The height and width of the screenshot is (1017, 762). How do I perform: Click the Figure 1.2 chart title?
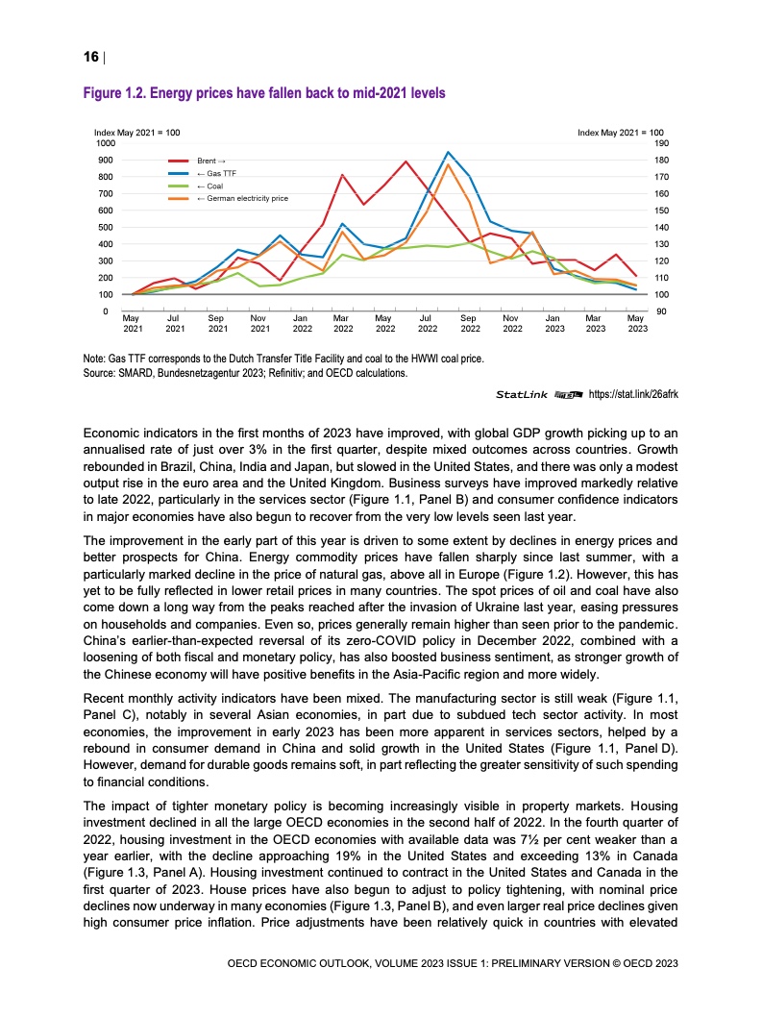click(x=265, y=93)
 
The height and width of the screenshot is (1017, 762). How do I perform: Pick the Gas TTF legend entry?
click(x=215, y=173)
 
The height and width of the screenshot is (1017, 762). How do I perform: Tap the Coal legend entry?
click(x=210, y=186)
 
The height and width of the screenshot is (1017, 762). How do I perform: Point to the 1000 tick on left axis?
click(x=104, y=142)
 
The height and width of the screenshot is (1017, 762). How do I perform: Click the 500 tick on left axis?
click(x=106, y=227)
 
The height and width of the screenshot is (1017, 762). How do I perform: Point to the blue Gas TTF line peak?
click(x=448, y=152)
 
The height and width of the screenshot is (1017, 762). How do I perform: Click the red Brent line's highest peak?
click(x=406, y=161)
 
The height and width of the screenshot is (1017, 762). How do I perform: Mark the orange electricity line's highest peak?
click(x=448, y=164)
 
